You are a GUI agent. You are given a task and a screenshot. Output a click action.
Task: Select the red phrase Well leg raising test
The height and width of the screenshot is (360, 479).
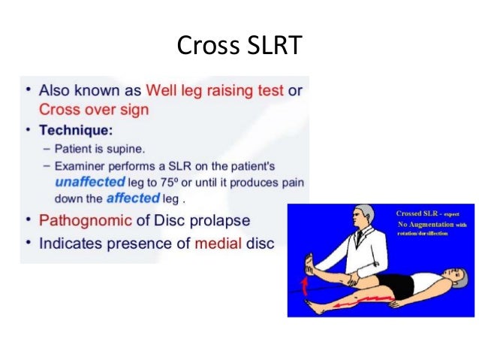click(215, 91)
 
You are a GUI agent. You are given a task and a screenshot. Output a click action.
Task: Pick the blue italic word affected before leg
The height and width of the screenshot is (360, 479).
click(134, 199)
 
